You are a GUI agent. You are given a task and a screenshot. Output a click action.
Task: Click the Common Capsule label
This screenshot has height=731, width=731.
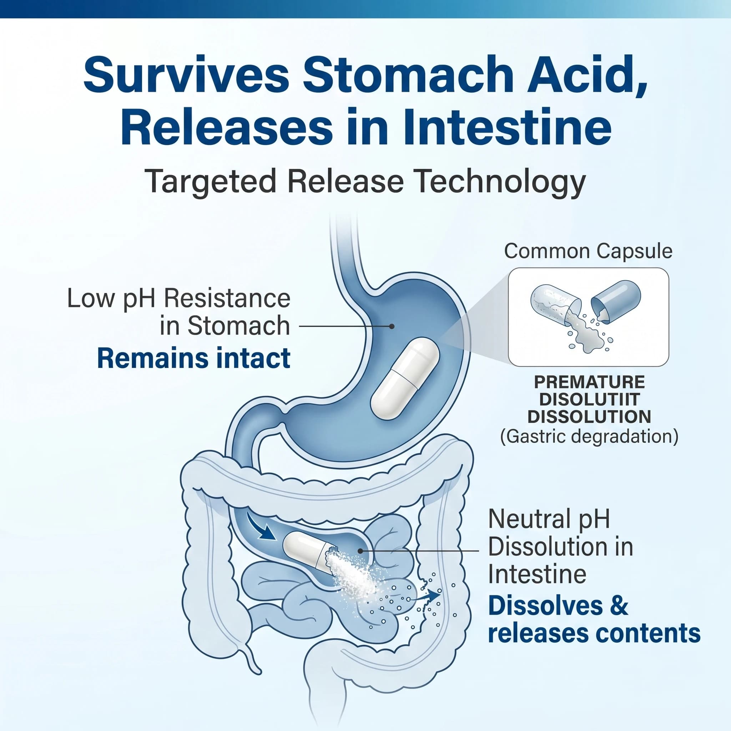coord(588,251)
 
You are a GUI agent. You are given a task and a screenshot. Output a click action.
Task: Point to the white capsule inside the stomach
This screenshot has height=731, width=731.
coord(405,379)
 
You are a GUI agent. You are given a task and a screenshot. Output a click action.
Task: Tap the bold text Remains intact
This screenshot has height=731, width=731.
coord(194,358)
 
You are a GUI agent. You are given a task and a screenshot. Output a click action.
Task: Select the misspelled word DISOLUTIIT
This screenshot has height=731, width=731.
coord(589,399)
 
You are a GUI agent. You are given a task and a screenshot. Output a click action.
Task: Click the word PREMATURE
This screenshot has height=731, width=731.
coord(589,383)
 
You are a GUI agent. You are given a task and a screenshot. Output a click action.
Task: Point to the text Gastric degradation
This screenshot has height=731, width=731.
coord(589,436)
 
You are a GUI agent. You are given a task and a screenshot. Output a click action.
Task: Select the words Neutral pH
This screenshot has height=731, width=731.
coord(549,519)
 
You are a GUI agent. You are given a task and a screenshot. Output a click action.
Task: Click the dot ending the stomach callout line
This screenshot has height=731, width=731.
coord(392,326)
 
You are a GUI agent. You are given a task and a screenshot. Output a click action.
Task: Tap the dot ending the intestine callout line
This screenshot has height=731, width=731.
coord(360,551)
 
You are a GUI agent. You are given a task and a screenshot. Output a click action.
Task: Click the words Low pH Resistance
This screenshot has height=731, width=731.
coord(178,299)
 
